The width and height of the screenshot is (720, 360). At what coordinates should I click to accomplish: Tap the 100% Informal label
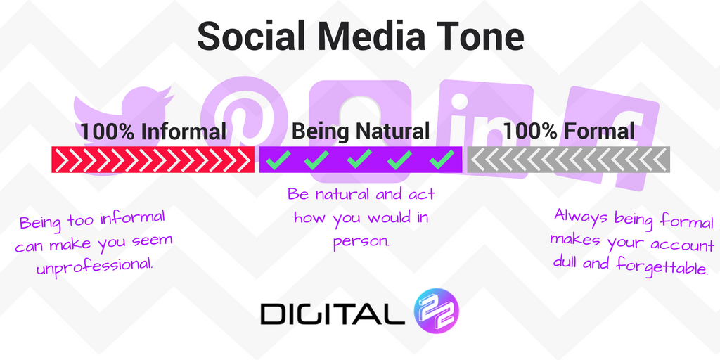153,131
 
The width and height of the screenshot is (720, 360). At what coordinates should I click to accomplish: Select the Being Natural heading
360,131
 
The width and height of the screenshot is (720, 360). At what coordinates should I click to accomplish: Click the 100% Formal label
569,131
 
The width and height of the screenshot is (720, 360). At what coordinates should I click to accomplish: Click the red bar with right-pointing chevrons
153,160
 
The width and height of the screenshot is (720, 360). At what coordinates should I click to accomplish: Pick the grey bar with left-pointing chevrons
569,160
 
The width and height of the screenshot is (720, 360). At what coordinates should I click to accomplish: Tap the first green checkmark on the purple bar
277,160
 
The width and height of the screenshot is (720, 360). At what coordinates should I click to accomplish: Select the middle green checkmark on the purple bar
360,160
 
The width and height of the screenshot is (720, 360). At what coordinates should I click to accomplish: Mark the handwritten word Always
577,217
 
